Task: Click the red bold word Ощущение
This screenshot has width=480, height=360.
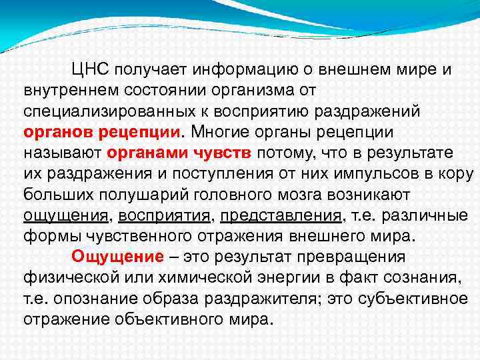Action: [117, 256]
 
